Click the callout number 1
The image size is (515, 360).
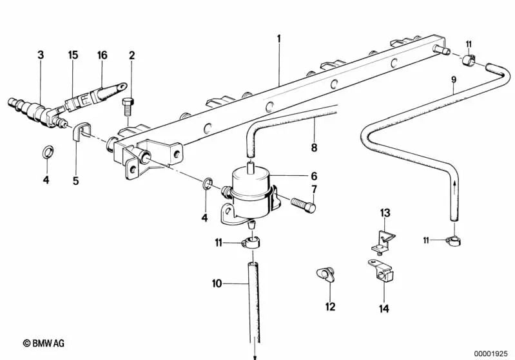click(279, 39)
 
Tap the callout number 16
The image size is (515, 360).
click(102, 55)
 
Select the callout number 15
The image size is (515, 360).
click(73, 55)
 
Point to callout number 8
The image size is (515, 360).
click(315, 147)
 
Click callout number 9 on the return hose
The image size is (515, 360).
click(454, 80)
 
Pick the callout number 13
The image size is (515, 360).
click(385, 213)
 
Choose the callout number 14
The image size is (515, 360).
click(384, 308)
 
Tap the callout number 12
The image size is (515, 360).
click(331, 307)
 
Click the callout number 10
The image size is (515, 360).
click(217, 283)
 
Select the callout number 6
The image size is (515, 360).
click(314, 176)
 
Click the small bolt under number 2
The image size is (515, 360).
click(128, 106)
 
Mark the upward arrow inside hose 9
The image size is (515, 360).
click(454, 188)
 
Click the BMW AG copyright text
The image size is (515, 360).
click(44, 343)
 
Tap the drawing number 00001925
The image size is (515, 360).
click(491, 354)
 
